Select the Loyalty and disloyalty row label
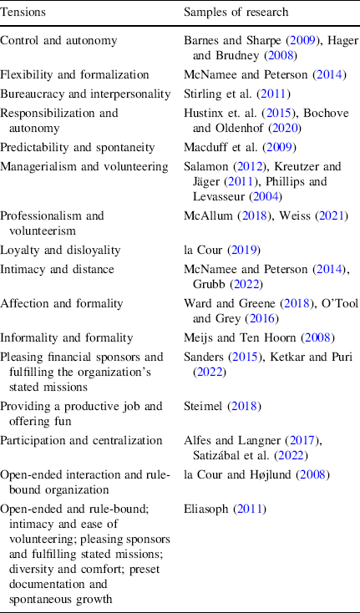(x=60, y=248)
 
